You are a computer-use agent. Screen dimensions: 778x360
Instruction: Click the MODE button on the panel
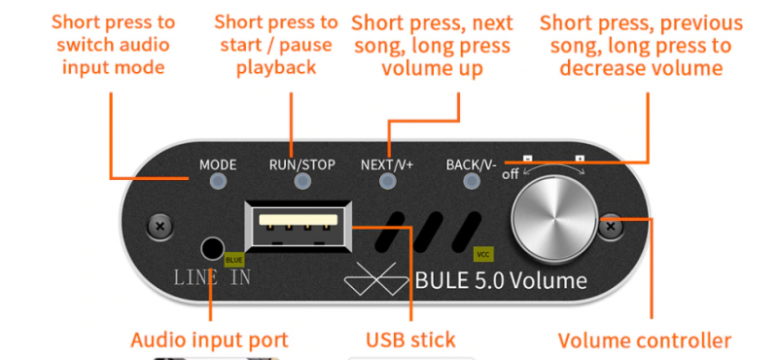click(217, 181)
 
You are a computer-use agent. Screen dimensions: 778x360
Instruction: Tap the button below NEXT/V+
click(387, 181)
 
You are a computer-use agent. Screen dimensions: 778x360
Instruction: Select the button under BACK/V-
click(472, 181)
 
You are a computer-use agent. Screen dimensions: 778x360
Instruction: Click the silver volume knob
click(554, 219)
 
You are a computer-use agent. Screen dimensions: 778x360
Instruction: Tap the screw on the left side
click(159, 227)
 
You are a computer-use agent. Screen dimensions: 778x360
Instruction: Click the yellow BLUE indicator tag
click(234, 260)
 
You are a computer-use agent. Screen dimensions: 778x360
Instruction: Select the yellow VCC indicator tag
click(483, 255)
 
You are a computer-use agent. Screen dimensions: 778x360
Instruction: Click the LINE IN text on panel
click(212, 277)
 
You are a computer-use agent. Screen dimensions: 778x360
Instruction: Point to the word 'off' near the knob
click(511, 174)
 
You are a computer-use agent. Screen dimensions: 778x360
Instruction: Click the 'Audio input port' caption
click(209, 341)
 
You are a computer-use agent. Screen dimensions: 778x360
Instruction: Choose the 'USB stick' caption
click(410, 341)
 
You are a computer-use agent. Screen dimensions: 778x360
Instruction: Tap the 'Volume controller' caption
click(645, 342)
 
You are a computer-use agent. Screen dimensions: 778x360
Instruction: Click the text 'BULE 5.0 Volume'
click(501, 280)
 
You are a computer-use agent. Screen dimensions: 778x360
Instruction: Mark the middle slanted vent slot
click(428, 232)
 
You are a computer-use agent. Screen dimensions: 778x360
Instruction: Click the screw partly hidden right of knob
click(610, 227)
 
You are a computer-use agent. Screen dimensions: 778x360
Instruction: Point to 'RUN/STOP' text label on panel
click(302, 164)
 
